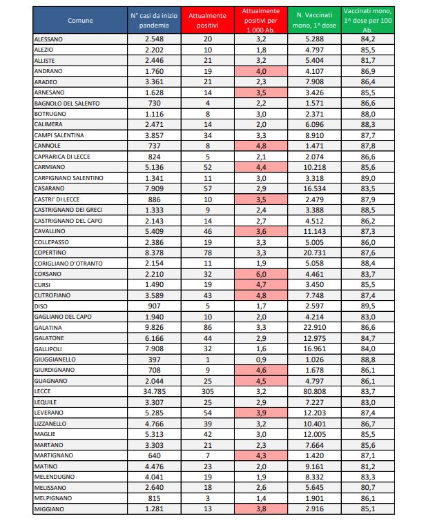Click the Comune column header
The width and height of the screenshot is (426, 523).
pyautogui.click(x=80, y=21)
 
